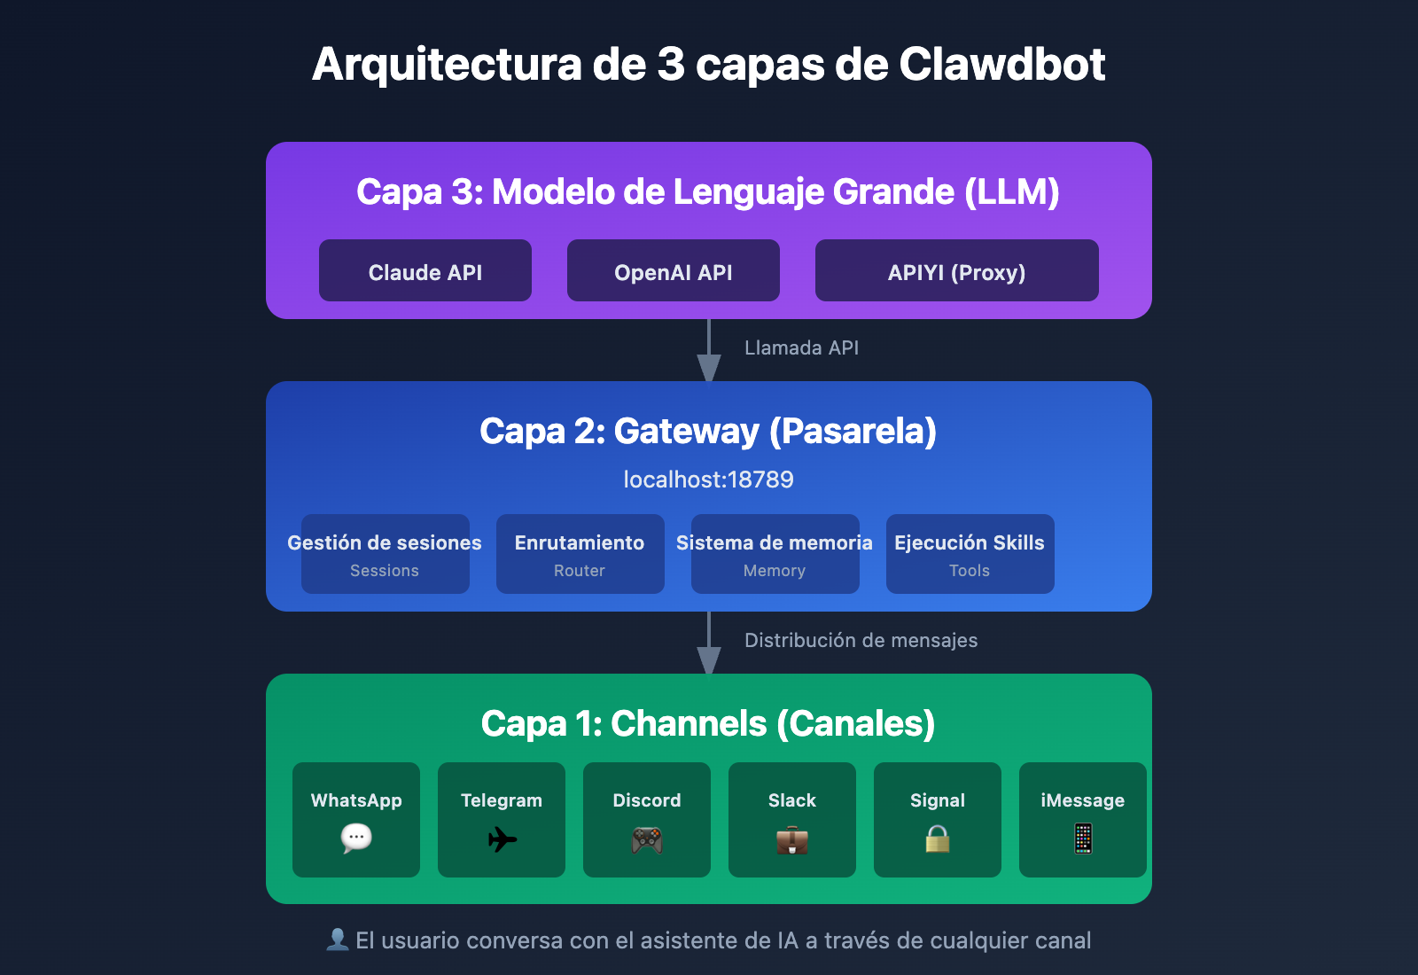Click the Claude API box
[425, 271]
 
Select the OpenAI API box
[674, 271]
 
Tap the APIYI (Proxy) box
[956, 271]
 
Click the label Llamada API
[801, 348]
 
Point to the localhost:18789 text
[708, 480]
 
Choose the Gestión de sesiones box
[386, 554]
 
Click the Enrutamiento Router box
[580, 554]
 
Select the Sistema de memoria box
[775, 554]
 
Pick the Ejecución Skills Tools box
[970, 554]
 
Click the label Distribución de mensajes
[861, 641]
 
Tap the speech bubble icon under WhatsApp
[356, 838]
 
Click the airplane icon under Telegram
[502, 838]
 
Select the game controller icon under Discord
[647, 839]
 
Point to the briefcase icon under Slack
[792, 839]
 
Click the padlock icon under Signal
[938, 838]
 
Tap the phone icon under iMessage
[1083, 838]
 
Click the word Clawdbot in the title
[1001, 65]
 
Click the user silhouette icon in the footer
[337, 940]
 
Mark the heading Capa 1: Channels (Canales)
[708, 723]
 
